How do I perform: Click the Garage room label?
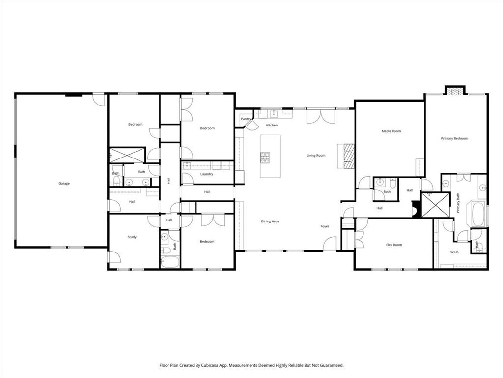click(x=64, y=184)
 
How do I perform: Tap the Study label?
click(x=132, y=237)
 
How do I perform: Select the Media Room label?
click(x=391, y=131)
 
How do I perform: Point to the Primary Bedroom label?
click(x=454, y=139)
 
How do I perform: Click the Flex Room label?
click(x=393, y=245)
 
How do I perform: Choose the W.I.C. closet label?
click(x=454, y=252)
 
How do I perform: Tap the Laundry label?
click(x=206, y=174)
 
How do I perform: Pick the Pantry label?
click(x=246, y=119)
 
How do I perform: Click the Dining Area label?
click(x=270, y=221)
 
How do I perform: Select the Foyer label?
click(x=325, y=226)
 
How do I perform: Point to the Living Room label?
click(x=316, y=156)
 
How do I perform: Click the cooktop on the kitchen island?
click(x=265, y=157)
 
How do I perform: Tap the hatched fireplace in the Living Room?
click(x=348, y=156)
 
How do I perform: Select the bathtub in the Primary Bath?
click(x=478, y=214)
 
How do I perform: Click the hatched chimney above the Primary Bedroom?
click(x=454, y=91)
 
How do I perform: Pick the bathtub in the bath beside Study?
click(x=170, y=261)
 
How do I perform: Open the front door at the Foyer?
click(x=330, y=244)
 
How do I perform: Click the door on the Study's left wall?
click(x=113, y=256)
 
